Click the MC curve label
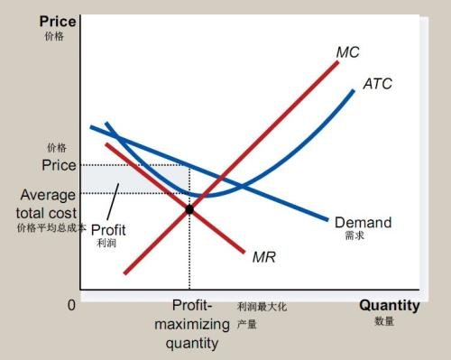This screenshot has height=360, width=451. pos(348,53)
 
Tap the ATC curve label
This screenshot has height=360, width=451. pos(377,84)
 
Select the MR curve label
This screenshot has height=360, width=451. pos(263,257)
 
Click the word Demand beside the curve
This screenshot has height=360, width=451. pos(363,222)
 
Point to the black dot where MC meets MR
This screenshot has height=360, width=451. pos(189,209)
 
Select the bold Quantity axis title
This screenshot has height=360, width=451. pos(390,305)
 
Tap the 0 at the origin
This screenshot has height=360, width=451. pos(71,306)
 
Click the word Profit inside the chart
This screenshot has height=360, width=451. pos(108,229)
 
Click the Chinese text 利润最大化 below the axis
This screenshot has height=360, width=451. pos(262,307)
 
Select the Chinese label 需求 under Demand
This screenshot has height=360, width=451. pos(354,236)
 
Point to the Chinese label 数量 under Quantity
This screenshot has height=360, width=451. pos(383,321)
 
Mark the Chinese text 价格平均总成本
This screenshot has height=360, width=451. pos(51,228)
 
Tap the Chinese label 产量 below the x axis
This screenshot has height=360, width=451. pos(247,322)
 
